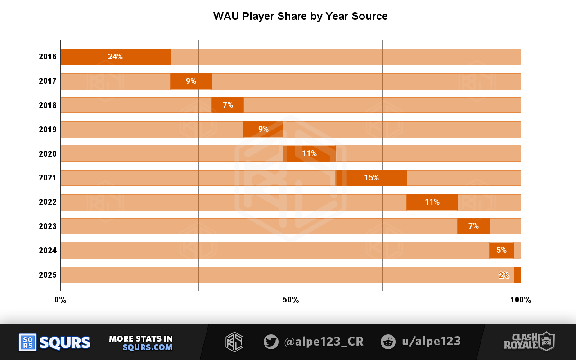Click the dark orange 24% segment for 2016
click(115, 57)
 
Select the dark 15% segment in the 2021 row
click(372, 178)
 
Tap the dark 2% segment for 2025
click(517, 274)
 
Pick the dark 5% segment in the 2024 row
click(501, 250)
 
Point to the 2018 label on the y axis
click(48, 105)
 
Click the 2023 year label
click(48, 226)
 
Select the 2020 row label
click(48, 154)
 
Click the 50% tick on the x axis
click(291, 300)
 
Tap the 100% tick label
click(521, 300)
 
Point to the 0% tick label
click(60, 300)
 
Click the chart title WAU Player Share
click(300, 17)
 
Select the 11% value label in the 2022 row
click(432, 202)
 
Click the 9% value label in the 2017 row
click(191, 81)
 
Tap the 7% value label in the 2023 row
click(473, 226)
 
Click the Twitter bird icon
click(271, 342)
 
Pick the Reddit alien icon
click(388, 342)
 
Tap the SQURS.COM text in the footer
click(147, 347)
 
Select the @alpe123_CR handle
click(324, 342)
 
